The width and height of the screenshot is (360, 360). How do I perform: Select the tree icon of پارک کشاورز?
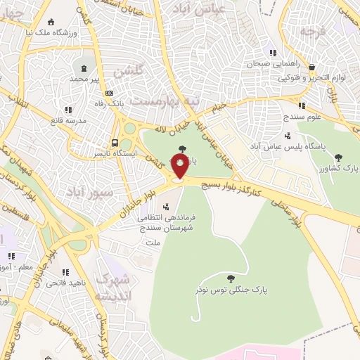pyautogui.click(x=338, y=158)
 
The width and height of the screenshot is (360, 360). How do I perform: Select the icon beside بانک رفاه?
pyautogui.click(x=109, y=93)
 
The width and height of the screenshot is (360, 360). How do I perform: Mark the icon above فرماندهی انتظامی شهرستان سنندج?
pyautogui.click(x=165, y=207)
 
